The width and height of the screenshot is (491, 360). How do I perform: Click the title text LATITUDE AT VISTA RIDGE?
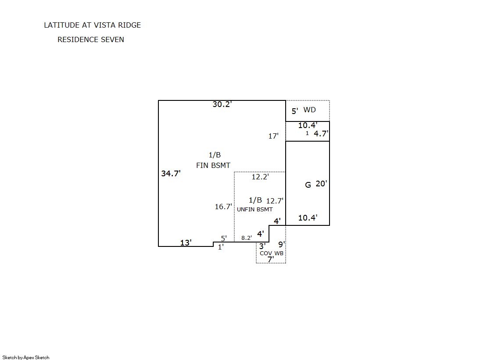(92, 25)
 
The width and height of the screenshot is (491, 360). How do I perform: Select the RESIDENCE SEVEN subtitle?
(90, 39)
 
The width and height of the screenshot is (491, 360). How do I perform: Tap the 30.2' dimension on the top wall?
(222, 104)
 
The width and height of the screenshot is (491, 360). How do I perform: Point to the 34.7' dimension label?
(171, 174)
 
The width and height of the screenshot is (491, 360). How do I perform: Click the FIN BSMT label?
(213, 165)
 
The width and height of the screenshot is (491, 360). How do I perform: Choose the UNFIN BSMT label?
(254, 210)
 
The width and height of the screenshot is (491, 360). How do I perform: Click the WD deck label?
(309, 110)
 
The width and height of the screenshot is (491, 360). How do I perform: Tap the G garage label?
(308, 185)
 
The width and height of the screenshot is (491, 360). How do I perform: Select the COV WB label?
(272, 253)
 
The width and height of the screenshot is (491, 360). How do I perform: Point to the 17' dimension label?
(273, 136)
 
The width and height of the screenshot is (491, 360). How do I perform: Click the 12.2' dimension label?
(260, 177)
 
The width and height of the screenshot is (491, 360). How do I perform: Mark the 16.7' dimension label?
(223, 207)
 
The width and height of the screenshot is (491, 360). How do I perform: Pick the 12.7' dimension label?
(275, 201)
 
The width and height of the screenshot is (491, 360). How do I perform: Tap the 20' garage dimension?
(321, 184)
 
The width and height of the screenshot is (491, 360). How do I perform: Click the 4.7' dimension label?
(321, 134)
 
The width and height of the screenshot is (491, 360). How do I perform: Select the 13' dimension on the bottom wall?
(186, 242)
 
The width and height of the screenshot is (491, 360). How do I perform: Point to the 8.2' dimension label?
(247, 238)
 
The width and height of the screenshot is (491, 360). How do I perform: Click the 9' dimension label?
(282, 244)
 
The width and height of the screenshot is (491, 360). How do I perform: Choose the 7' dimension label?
(271, 260)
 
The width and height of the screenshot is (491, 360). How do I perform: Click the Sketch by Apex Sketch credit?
(26, 357)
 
